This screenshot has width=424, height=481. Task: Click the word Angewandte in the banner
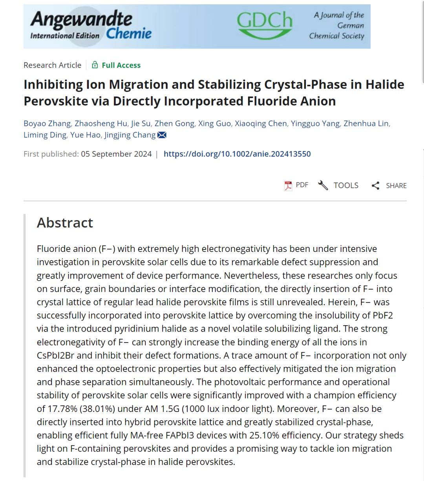81,19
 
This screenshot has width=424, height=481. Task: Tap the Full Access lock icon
95,65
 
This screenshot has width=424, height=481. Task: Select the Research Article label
52,65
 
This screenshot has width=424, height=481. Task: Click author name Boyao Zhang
47,124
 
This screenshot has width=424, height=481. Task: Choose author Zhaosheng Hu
101,124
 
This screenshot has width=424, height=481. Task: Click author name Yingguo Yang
315,124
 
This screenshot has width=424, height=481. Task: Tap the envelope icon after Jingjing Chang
162,135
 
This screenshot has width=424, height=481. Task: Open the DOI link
237,154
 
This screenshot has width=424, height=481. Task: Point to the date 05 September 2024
116,154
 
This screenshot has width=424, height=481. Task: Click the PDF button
296,185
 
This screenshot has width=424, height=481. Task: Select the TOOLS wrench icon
323,185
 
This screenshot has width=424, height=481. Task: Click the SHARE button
389,186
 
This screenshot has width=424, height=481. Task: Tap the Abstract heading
65,223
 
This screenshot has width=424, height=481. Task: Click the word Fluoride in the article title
272,101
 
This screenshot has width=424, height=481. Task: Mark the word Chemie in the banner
129,34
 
